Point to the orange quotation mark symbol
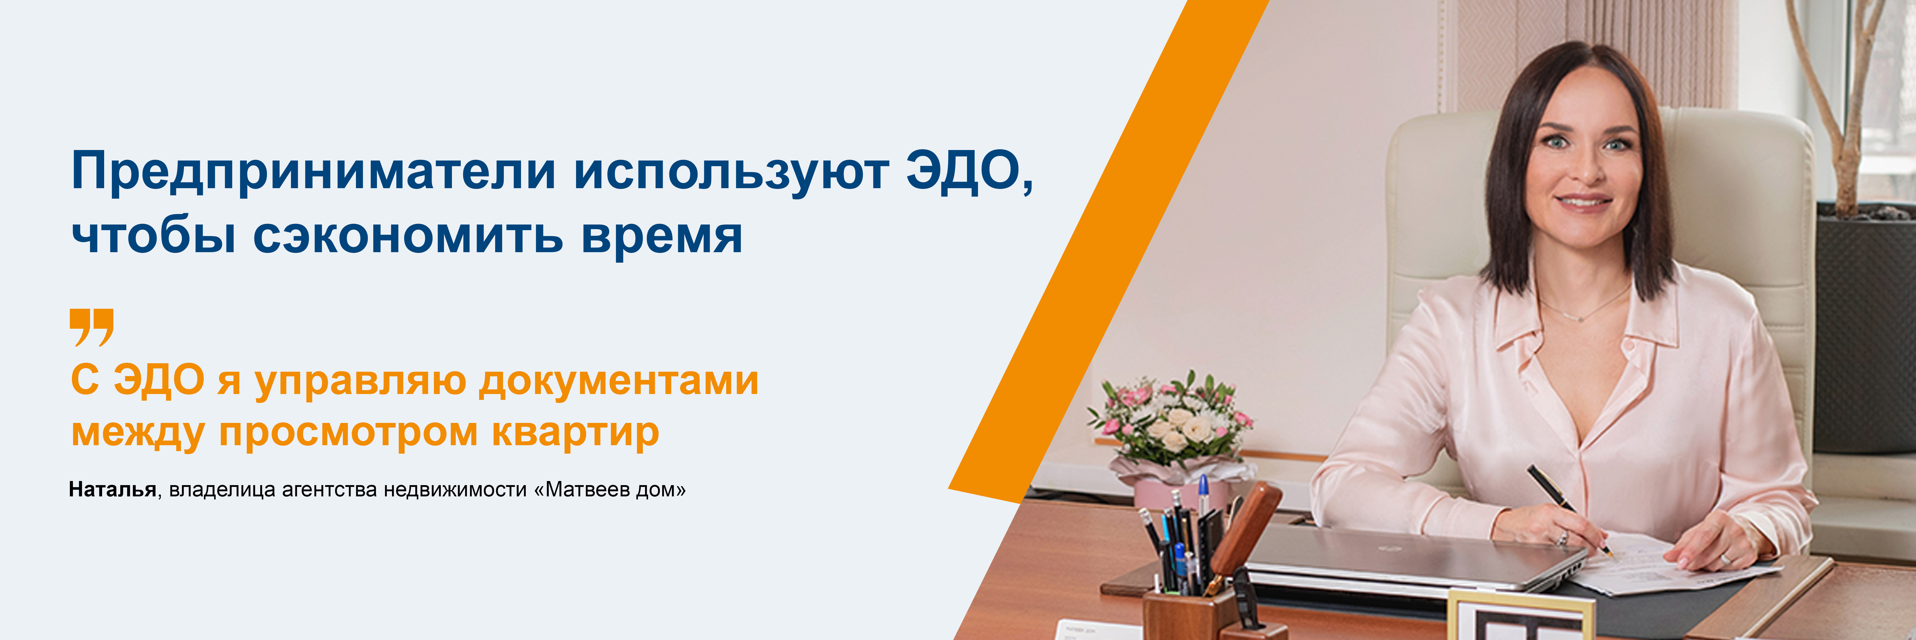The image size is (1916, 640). click(92, 327)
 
